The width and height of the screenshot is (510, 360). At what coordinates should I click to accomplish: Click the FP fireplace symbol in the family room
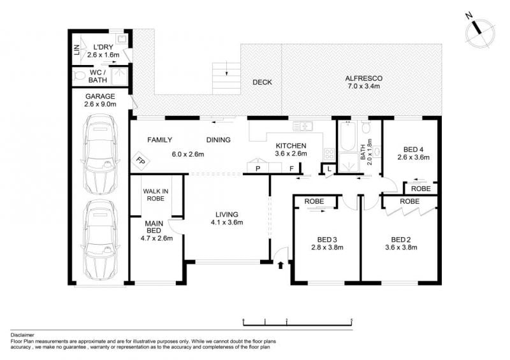point(140,161)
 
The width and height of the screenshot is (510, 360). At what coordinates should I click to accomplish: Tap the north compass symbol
point(479,32)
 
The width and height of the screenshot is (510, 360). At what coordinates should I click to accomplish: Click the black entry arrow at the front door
point(280,264)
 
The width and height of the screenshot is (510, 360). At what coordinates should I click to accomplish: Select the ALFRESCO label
point(363,78)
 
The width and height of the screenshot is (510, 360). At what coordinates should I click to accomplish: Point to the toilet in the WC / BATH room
point(78,76)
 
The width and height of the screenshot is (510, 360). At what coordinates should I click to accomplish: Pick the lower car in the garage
point(100,240)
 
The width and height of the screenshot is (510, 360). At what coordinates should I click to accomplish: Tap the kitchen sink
point(302,126)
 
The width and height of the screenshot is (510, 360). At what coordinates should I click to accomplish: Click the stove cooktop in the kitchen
point(329,154)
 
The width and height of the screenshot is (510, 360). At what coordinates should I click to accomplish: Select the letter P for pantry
point(258,168)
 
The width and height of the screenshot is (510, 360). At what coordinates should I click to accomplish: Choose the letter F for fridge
point(292,168)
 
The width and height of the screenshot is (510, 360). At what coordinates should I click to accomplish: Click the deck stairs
point(226,78)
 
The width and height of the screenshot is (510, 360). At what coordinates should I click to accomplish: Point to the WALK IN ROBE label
point(156,195)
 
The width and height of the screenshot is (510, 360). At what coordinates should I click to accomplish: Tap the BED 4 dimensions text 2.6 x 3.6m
point(413,157)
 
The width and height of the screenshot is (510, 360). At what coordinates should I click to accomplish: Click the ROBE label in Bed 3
point(314,201)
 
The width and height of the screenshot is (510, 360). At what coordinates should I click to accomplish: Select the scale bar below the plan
point(298,322)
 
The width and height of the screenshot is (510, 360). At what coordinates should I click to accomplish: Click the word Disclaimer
point(22,335)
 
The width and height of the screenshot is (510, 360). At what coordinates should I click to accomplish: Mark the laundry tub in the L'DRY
point(122,40)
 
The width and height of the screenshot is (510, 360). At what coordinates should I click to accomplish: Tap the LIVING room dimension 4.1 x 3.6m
point(227,222)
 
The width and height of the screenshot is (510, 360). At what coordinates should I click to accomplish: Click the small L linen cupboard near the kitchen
point(329,169)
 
